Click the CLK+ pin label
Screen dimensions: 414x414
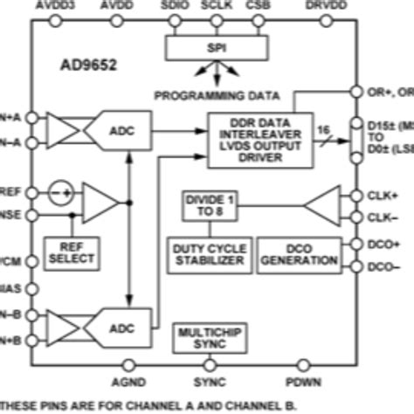pos(384,196)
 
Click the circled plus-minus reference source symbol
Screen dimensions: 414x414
pos(58,191)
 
